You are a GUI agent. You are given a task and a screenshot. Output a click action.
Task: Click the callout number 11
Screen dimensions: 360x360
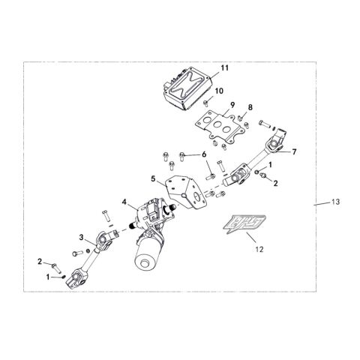[x=225, y=68]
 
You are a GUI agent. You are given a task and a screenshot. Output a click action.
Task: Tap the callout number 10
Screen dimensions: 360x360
[x=219, y=91]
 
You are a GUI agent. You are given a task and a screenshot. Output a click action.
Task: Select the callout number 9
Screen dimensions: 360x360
[x=232, y=105]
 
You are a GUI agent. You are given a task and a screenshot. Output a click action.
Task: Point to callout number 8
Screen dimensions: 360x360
[x=250, y=107]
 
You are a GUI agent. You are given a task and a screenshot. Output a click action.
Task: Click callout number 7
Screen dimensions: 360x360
[x=294, y=151]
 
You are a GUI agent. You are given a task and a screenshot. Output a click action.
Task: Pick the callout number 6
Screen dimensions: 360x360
[x=204, y=154]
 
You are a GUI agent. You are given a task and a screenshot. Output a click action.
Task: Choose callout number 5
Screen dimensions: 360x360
[x=154, y=179]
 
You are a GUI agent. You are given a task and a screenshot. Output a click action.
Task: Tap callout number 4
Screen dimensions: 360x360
[x=124, y=202]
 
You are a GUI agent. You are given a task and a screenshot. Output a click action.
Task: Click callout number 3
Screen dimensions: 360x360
[x=81, y=237]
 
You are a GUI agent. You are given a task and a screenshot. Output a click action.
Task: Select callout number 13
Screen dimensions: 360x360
[x=336, y=202]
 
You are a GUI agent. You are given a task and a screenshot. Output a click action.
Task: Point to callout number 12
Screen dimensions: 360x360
[x=259, y=249]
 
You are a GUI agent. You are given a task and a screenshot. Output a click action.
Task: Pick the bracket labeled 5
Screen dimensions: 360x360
[x=186, y=192]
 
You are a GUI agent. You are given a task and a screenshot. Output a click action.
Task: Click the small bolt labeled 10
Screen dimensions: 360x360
[x=206, y=103]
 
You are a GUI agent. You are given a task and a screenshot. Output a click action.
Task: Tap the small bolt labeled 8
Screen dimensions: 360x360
[x=240, y=117]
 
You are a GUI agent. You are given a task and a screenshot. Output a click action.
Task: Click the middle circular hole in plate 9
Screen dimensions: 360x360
[x=217, y=124]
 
